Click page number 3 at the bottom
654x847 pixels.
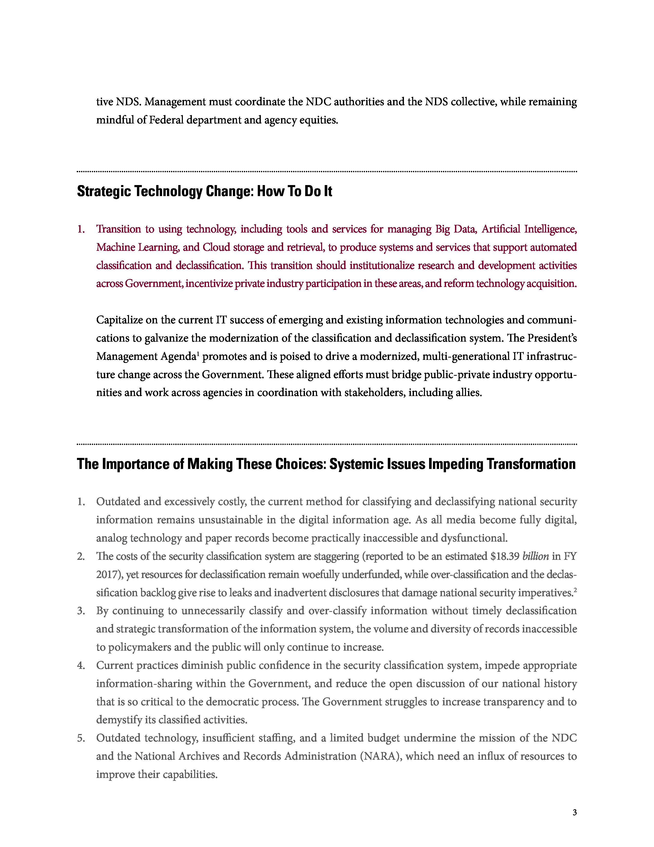[x=574, y=812]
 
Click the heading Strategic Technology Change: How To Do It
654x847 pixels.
[x=205, y=191]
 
